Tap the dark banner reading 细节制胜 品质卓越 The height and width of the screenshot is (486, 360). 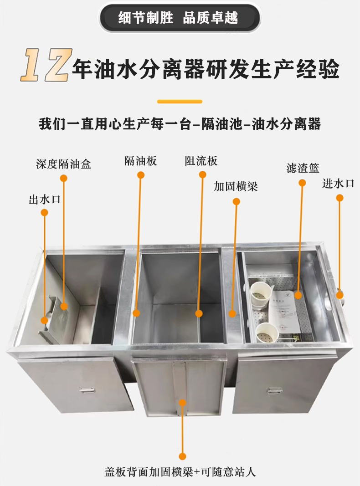[x=180, y=18]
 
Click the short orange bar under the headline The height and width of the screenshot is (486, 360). [x=180, y=101]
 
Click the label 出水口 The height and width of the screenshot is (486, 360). [x=45, y=200]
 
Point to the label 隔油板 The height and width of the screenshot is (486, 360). [x=140, y=161]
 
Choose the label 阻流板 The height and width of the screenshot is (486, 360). [x=201, y=161]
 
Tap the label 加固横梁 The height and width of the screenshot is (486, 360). [x=236, y=186]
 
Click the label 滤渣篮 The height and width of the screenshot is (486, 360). [x=303, y=169]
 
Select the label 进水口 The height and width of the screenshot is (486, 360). [x=338, y=184]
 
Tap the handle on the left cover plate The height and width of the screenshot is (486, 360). [x=86, y=390]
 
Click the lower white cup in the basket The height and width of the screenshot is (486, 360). [x=266, y=333]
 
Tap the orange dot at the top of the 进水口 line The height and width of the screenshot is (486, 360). [x=339, y=198]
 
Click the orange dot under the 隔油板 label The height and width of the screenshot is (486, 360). [x=141, y=175]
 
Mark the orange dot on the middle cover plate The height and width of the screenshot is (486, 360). [x=182, y=402]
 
